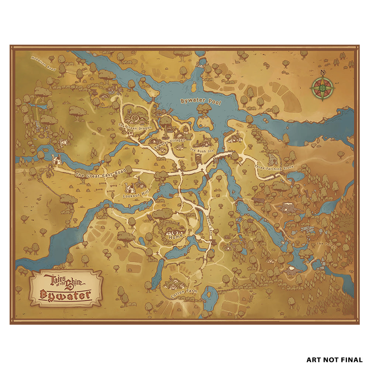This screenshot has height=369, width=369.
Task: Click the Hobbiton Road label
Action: [x=43, y=63]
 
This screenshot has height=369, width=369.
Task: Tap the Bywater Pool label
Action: [x=200, y=102]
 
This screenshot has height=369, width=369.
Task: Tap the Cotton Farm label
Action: [x=183, y=294]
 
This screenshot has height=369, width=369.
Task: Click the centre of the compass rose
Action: [x=323, y=89]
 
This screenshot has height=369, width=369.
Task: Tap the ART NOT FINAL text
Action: [x=334, y=359]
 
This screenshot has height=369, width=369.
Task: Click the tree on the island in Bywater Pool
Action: [x=204, y=109]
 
